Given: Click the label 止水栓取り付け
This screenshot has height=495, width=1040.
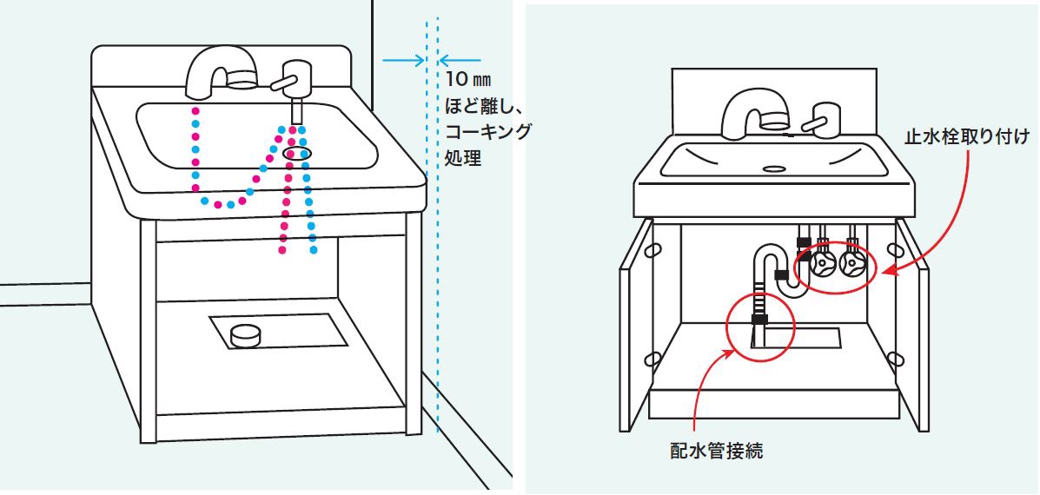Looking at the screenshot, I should point(966,136).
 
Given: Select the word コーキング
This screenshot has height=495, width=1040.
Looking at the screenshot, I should point(487,131).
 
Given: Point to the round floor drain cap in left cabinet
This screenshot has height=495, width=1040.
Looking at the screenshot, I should point(247,333).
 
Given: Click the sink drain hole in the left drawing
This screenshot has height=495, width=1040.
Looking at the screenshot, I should point(297,154).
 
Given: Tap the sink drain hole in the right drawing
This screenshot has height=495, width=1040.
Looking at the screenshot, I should point(773,168).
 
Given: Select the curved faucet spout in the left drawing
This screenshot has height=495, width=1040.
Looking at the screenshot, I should point(213,69).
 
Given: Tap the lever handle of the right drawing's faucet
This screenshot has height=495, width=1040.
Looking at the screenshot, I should point(820,118).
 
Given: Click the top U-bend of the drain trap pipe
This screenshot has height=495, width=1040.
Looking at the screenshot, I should point(766,254).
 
